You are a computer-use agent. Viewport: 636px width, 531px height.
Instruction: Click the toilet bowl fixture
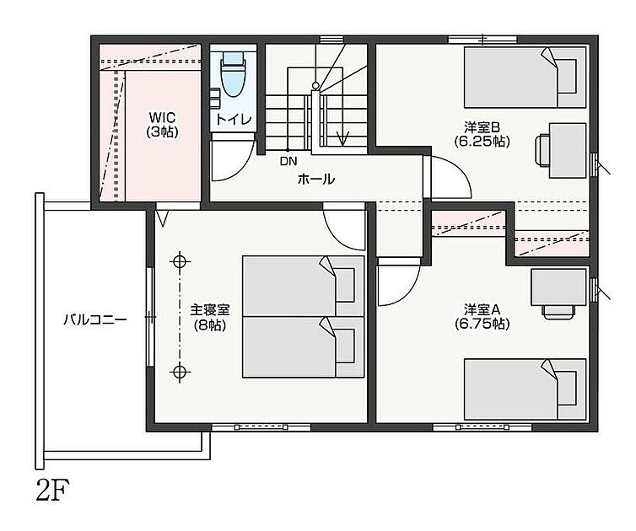tap(233, 74)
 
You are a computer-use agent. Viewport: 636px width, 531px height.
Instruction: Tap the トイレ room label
tap(234, 120)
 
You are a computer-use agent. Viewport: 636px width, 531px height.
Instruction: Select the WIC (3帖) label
tap(162, 125)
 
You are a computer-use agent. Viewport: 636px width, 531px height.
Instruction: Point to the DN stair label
tap(288, 161)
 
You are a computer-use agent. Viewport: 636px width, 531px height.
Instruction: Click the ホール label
tap(316, 180)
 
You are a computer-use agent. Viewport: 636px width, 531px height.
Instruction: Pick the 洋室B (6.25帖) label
tap(482, 135)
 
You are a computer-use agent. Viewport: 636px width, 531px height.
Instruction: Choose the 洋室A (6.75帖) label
tap(482, 317)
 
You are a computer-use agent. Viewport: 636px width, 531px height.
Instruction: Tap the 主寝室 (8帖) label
tap(210, 318)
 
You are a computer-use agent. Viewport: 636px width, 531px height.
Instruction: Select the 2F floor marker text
tap(53, 490)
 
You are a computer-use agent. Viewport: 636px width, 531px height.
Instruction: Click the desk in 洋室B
tap(568, 150)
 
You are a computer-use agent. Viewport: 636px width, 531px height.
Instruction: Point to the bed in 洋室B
tap(526, 78)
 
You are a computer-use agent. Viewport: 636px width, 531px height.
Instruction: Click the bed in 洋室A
tap(526, 389)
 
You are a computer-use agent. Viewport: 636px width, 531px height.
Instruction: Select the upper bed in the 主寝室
tap(304, 287)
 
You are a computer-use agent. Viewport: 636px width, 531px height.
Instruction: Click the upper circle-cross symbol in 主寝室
tap(180, 261)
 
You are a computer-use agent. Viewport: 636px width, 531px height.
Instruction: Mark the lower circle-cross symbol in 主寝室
tap(180, 371)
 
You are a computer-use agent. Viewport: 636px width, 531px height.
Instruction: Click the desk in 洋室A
tap(558, 287)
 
